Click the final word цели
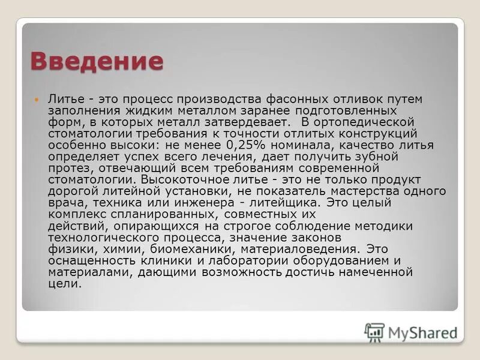pyautogui.click(x=64, y=283)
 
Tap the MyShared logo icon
pyautogui.click(x=374, y=331)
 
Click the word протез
pyautogui.click(x=67, y=168)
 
